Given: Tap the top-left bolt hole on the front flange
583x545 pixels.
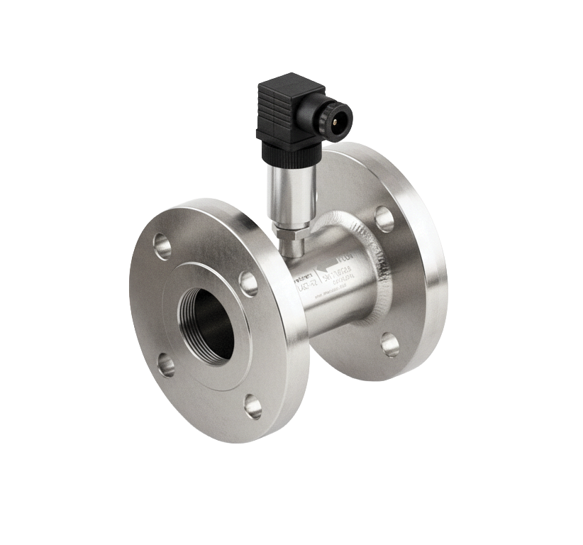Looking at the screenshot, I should pyautogui.click(x=162, y=246).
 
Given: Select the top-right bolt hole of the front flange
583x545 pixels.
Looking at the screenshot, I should pyautogui.click(x=248, y=283).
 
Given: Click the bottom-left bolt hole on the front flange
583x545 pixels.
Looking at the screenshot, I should pyautogui.click(x=165, y=365).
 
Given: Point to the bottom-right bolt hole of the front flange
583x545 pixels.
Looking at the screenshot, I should pyautogui.click(x=252, y=406).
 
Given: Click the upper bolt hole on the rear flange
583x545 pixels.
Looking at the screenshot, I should pyautogui.click(x=384, y=218).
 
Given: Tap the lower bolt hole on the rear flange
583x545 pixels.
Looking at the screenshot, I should pyautogui.click(x=389, y=344).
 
